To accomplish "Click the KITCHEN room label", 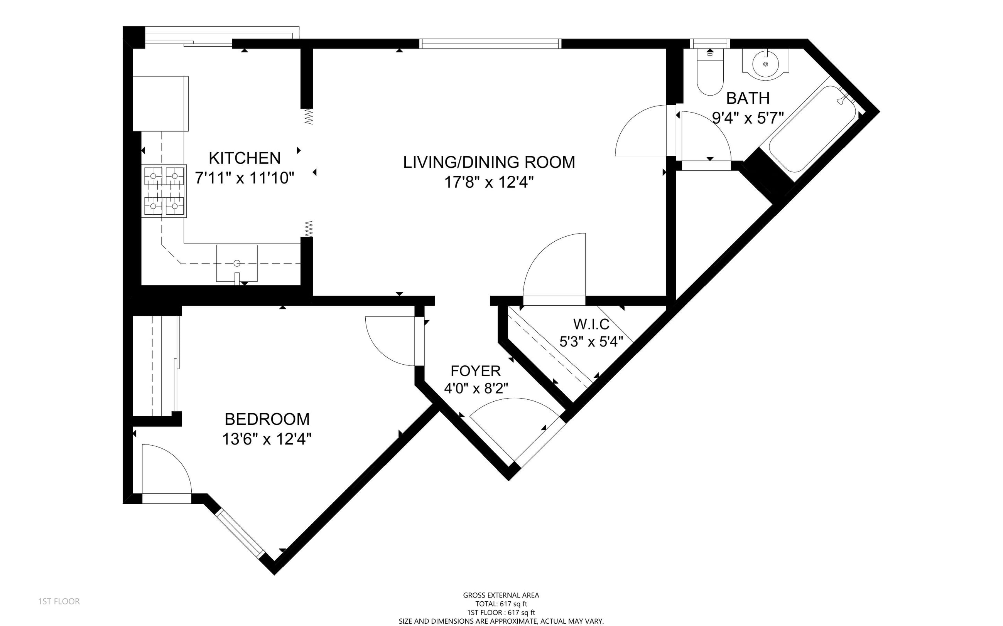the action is [245, 158].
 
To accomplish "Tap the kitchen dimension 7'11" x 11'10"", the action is [245, 178].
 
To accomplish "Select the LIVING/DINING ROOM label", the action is [489, 162].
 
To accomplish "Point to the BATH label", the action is [748, 98].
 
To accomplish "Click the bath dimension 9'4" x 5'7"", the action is [748, 118].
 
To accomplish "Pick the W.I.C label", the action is [591, 324].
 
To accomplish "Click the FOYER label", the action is [476, 370].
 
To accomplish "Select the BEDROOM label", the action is [267, 419].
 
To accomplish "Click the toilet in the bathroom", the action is [710, 72].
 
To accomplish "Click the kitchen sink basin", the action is [236, 263].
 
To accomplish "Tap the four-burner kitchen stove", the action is [164, 191].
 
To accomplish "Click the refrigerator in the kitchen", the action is [160, 104].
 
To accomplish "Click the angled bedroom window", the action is [240, 533].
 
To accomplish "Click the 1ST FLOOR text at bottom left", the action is [59, 601].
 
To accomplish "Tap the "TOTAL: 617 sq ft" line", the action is [501, 604].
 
